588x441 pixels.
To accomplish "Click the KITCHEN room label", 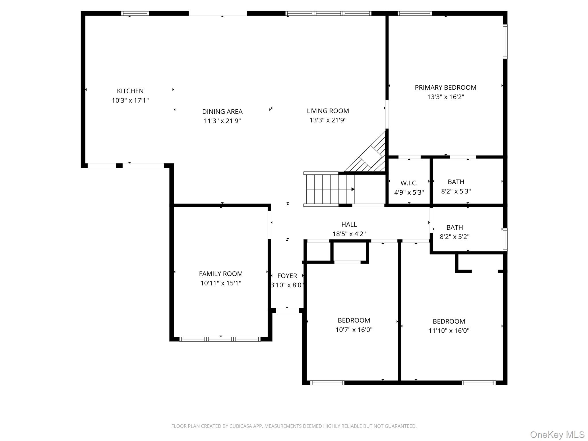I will tap(130, 91).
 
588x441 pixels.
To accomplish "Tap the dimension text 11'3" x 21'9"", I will tap(222, 121).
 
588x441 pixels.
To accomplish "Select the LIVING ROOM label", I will tap(328, 111).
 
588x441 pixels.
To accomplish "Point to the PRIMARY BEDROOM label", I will tap(445, 88).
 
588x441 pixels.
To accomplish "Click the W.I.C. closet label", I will tap(409, 183).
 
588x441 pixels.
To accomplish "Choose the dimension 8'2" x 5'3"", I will tap(456, 191).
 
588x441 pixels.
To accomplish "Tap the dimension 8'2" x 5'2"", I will tap(454, 237).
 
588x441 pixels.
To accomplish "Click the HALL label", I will tap(349, 225).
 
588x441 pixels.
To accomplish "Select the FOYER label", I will tap(287, 276).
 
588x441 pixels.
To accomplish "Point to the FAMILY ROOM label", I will tap(221, 274).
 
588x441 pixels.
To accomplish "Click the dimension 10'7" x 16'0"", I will tap(354, 330).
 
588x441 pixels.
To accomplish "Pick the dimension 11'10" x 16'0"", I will tap(449, 330).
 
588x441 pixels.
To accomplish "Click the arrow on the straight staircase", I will tap(353, 189).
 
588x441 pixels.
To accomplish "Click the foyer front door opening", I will tap(287, 310).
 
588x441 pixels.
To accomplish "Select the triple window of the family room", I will tap(220, 339).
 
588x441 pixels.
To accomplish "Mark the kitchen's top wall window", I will tap(135, 13).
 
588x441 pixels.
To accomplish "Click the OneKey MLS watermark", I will tap(557, 435).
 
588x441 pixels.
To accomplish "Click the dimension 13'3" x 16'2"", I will tap(445, 97).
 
